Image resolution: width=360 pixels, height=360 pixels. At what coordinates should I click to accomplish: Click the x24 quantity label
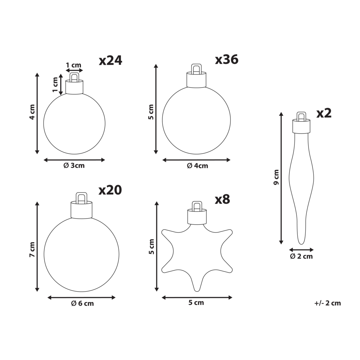(x=111, y=60)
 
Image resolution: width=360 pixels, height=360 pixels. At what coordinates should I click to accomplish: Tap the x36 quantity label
(x=226, y=59)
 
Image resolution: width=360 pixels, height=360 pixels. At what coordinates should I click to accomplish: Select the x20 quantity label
(x=110, y=190)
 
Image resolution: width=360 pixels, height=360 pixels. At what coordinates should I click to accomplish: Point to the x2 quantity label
(x=324, y=113)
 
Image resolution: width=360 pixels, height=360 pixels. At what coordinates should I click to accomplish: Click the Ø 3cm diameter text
(x=74, y=166)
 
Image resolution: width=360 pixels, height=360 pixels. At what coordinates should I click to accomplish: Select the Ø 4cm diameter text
(x=197, y=166)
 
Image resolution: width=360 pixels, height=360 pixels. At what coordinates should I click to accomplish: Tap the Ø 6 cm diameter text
(x=82, y=303)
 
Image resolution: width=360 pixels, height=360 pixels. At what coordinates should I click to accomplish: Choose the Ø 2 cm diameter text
(x=302, y=256)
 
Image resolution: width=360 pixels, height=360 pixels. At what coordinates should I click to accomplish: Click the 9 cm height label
(x=276, y=177)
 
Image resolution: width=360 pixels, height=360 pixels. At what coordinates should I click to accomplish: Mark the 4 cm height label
(x=32, y=112)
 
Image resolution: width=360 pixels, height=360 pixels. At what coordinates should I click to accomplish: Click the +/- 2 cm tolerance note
(x=327, y=303)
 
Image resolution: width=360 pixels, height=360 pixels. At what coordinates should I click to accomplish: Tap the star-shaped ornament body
(x=196, y=252)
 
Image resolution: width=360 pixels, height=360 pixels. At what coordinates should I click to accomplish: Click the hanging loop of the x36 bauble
(x=196, y=69)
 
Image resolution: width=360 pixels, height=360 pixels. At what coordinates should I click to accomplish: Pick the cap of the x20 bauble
(x=81, y=210)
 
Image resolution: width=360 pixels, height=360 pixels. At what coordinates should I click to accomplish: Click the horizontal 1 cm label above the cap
(x=73, y=65)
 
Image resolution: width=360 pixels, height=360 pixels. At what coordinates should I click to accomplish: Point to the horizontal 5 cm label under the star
(x=196, y=303)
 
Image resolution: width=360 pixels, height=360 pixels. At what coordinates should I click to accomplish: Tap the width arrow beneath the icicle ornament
(x=301, y=249)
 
